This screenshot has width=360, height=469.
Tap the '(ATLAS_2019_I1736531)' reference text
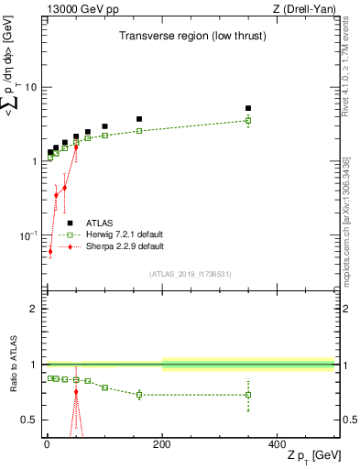[191, 273]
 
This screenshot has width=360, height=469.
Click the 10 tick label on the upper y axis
[30, 87]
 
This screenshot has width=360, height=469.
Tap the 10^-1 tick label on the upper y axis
[28, 235]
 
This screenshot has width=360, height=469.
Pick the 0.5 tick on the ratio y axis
[29, 420]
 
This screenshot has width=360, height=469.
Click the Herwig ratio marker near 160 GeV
[139, 395]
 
